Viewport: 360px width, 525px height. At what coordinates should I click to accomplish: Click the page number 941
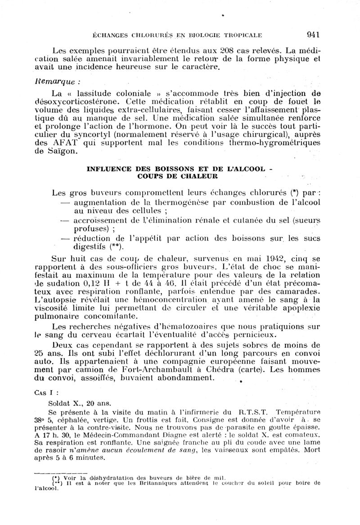(x=312, y=34)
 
